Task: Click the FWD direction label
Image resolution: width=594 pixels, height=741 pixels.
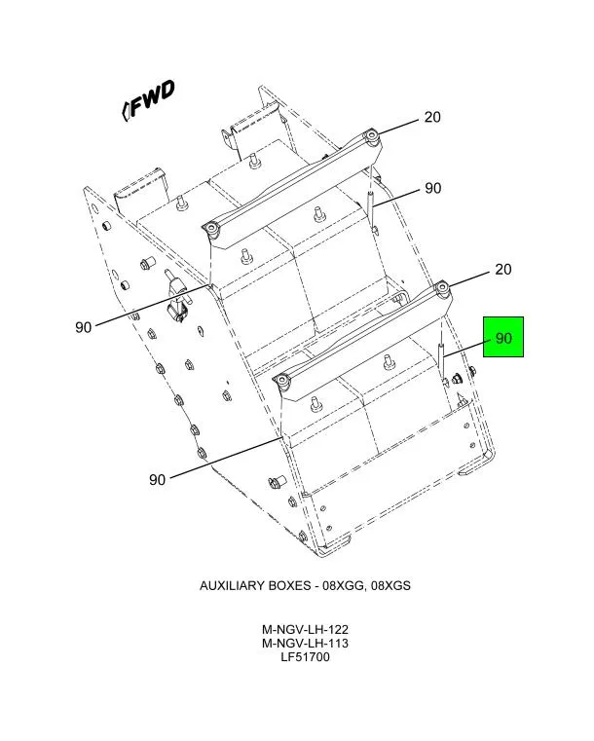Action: tap(149, 100)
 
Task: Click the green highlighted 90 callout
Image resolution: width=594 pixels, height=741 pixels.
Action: tap(503, 337)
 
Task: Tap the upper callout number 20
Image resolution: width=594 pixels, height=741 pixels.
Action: tap(432, 117)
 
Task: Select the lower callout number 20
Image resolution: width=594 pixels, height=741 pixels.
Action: tap(502, 269)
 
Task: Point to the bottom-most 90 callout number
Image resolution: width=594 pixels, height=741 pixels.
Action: tap(157, 480)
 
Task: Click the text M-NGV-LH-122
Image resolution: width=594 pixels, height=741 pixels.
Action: tap(305, 629)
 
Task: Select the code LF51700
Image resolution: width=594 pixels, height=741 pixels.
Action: tap(305, 657)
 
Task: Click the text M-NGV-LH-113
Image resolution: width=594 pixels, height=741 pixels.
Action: tap(305, 644)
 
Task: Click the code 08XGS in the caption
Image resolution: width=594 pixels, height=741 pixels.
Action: tap(390, 586)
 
